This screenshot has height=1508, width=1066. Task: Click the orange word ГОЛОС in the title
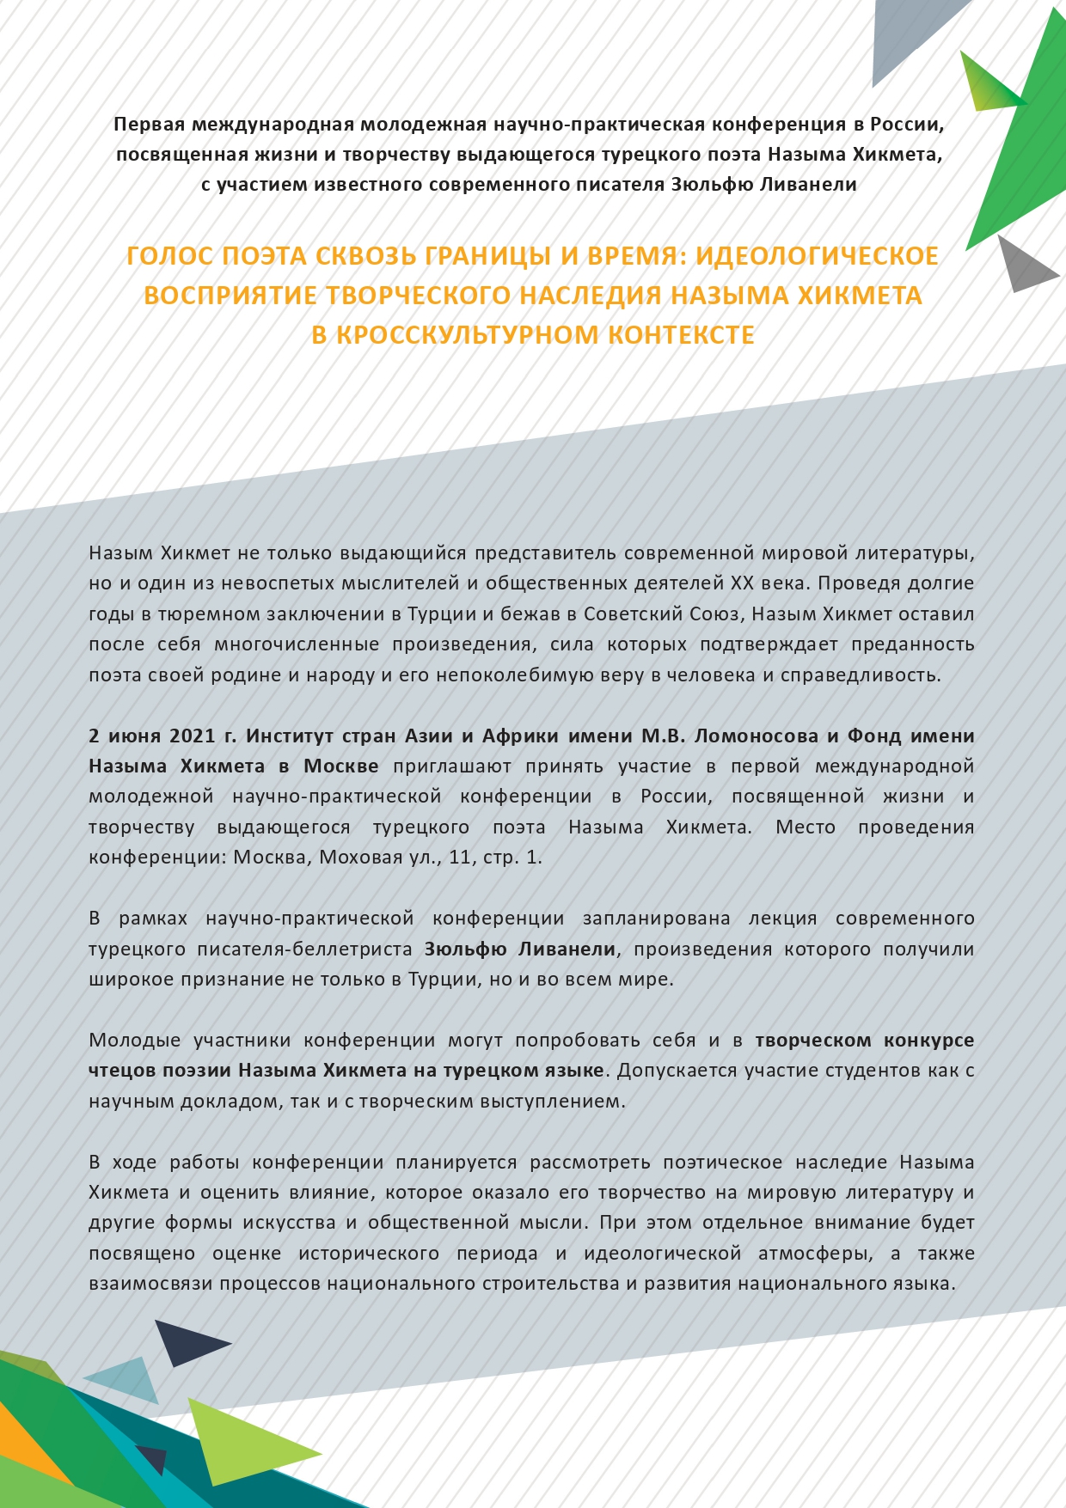pyautogui.click(x=170, y=256)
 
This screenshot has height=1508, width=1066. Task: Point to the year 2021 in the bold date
pyautogui.click(x=193, y=736)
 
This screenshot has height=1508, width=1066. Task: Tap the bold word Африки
pyautogui.click(x=521, y=736)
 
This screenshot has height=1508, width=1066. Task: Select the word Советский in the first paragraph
pyautogui.click(x=632, y=614)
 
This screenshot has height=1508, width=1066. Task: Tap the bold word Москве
pyautogui.click(x=341, y=766)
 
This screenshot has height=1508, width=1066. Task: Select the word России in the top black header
pyautogui.click(x=906, y=125)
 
